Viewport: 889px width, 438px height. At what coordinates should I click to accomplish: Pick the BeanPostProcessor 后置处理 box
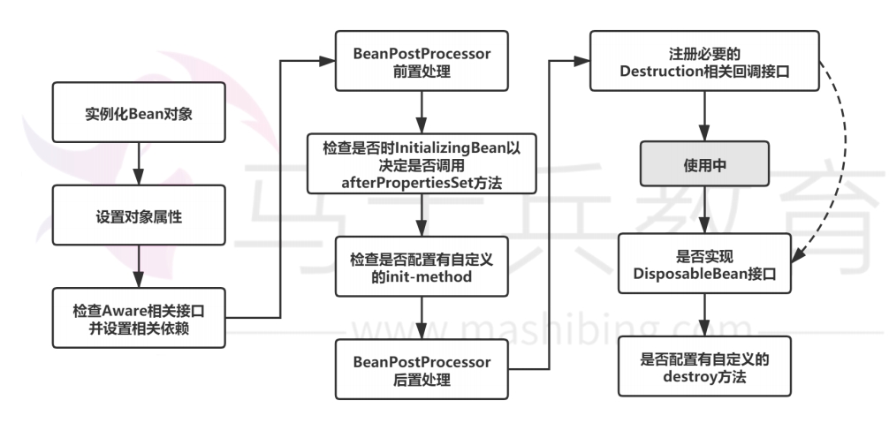[421, 370]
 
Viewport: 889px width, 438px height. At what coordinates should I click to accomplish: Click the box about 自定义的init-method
[421, 268]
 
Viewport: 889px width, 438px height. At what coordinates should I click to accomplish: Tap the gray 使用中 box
[704, 166]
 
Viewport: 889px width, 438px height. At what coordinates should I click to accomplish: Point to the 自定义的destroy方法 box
[704, 366]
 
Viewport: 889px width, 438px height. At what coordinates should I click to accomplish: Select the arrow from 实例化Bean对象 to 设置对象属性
[138, 166]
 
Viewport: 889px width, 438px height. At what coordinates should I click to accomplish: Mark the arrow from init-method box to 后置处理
[421, 318]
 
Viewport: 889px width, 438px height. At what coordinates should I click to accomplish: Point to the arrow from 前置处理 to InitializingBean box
[421, 111]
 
